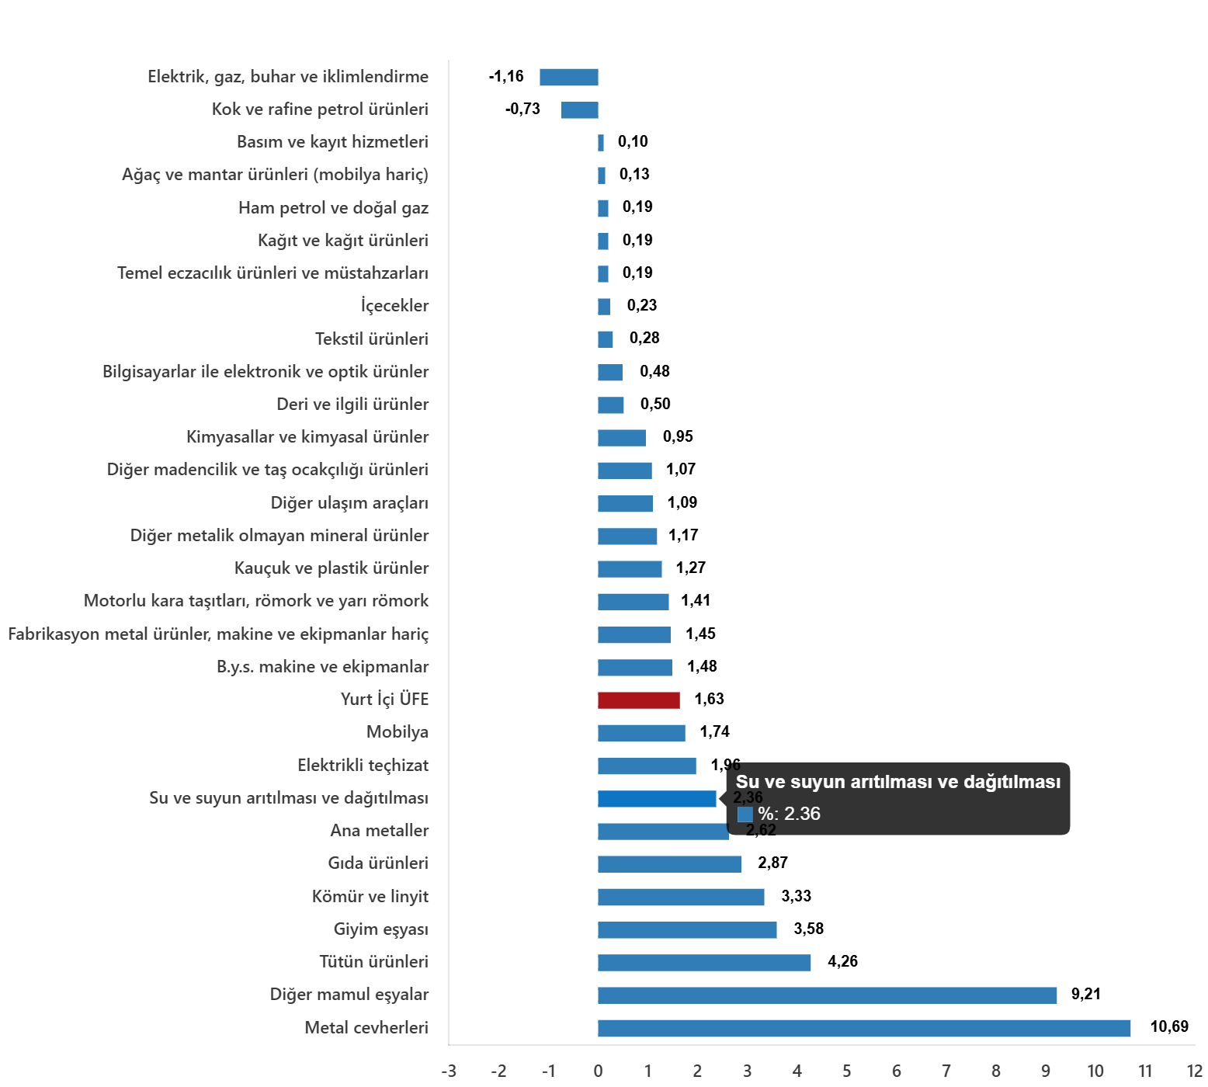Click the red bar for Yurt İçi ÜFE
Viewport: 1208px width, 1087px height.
pos(638,700)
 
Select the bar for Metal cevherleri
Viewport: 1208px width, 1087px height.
pos(863,1029)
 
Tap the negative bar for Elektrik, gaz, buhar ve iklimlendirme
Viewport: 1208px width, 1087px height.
pos(568,78)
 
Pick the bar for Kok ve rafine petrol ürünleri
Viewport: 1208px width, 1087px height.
pos(579,110)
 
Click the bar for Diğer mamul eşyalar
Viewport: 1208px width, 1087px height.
pos(827,995)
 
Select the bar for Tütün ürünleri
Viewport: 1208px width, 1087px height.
pos(704,963)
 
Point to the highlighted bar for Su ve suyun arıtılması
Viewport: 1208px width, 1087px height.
pos(657,799)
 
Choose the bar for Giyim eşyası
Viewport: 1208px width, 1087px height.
pos(687,930)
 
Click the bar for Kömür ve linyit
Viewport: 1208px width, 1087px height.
pos(681,898)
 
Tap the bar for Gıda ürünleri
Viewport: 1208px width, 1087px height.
pos(669,864)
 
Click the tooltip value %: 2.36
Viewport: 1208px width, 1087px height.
pos(789,814)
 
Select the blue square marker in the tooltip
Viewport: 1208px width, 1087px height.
pos(745,814)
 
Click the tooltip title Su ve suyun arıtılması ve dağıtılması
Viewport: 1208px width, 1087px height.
pos(897,782)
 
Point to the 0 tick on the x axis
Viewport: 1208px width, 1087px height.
pos(598,1071)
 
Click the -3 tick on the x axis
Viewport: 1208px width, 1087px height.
pos(449,1071)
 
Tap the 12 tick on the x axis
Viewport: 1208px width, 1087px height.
pos(1194,1071)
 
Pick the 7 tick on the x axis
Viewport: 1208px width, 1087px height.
pos(946,1071)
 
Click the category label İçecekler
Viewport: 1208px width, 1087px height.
pos(394,306)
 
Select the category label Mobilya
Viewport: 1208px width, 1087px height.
pos(397,732)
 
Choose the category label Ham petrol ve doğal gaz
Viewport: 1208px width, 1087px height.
pos(333,208)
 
